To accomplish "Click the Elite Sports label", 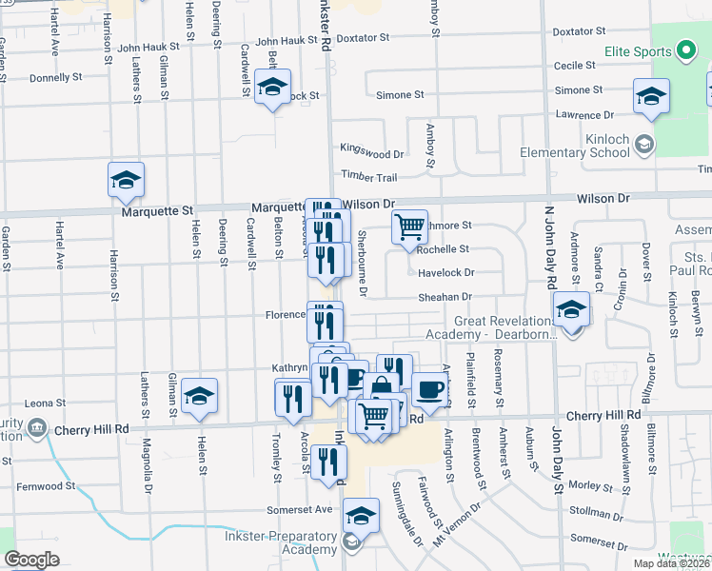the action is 638,51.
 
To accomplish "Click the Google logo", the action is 31,560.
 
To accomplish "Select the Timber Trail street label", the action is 369,177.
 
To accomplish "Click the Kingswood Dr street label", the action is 372,149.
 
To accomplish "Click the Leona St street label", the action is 46,404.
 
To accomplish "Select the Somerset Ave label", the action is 305,509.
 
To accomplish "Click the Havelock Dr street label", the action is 446,273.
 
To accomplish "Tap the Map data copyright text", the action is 670,563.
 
